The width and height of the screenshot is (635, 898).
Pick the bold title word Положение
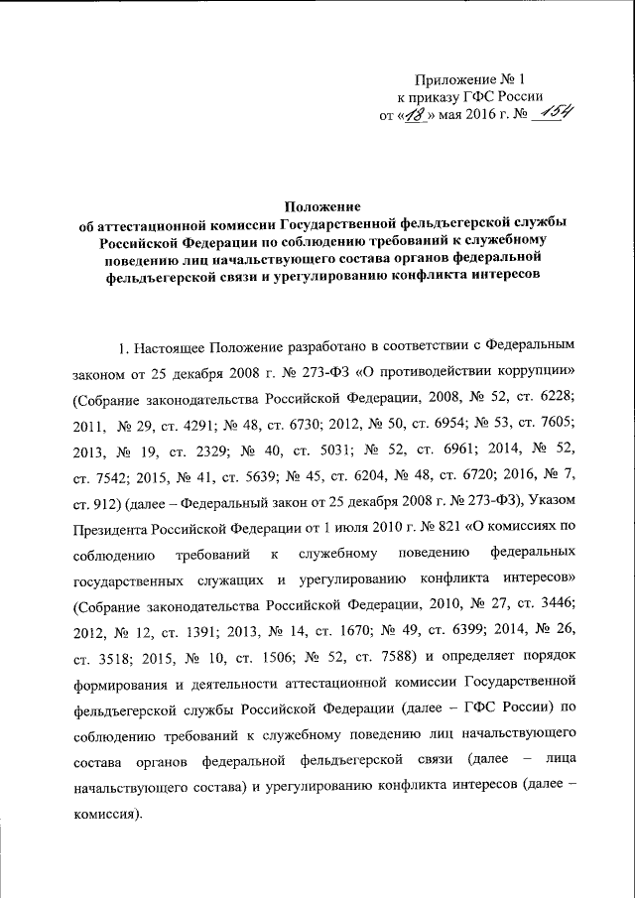click(317, 205)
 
